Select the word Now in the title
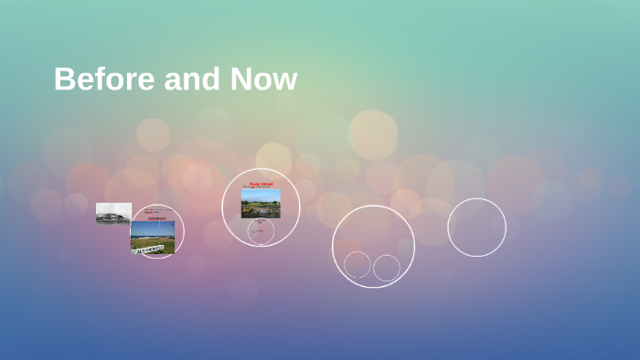point(263,79)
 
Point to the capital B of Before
point(63,79)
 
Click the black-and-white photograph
point(113,213)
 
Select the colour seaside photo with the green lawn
point(153,237)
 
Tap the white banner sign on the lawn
point(147,248)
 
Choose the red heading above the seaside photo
point(157,218)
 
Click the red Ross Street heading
point(261,184)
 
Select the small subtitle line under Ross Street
point(259,188)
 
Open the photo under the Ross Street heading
point(261,204)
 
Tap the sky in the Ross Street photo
point(261,194)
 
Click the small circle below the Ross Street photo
point(261,231)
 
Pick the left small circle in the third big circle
point(357,265)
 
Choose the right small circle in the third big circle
point(387,268)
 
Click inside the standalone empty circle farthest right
point(476,228)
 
